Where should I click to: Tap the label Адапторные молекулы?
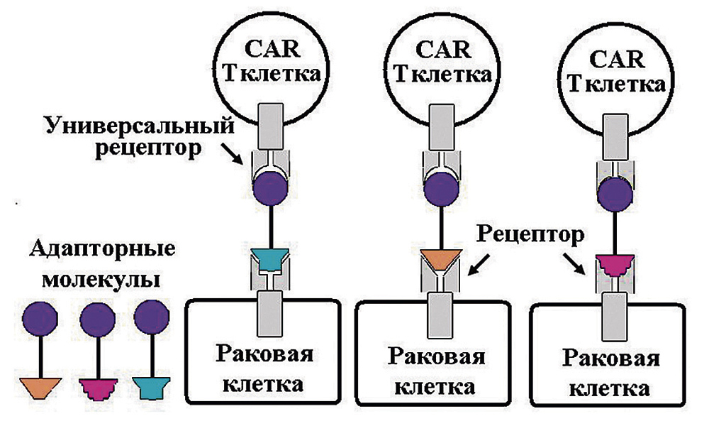click(102, 264)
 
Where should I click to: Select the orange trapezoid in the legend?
click(40, 388)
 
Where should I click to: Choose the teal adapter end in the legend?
click(152, 388)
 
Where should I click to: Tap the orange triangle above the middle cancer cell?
click(441, 261)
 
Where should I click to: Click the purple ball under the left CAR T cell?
click(270, 189)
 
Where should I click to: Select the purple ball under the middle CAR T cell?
click(441, 190)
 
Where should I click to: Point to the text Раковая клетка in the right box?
click(610, 373)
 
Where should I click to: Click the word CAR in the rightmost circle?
click(617, 60)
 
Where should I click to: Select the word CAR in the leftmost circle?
click(272, 48)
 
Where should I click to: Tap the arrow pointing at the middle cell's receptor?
click(479, 264)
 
